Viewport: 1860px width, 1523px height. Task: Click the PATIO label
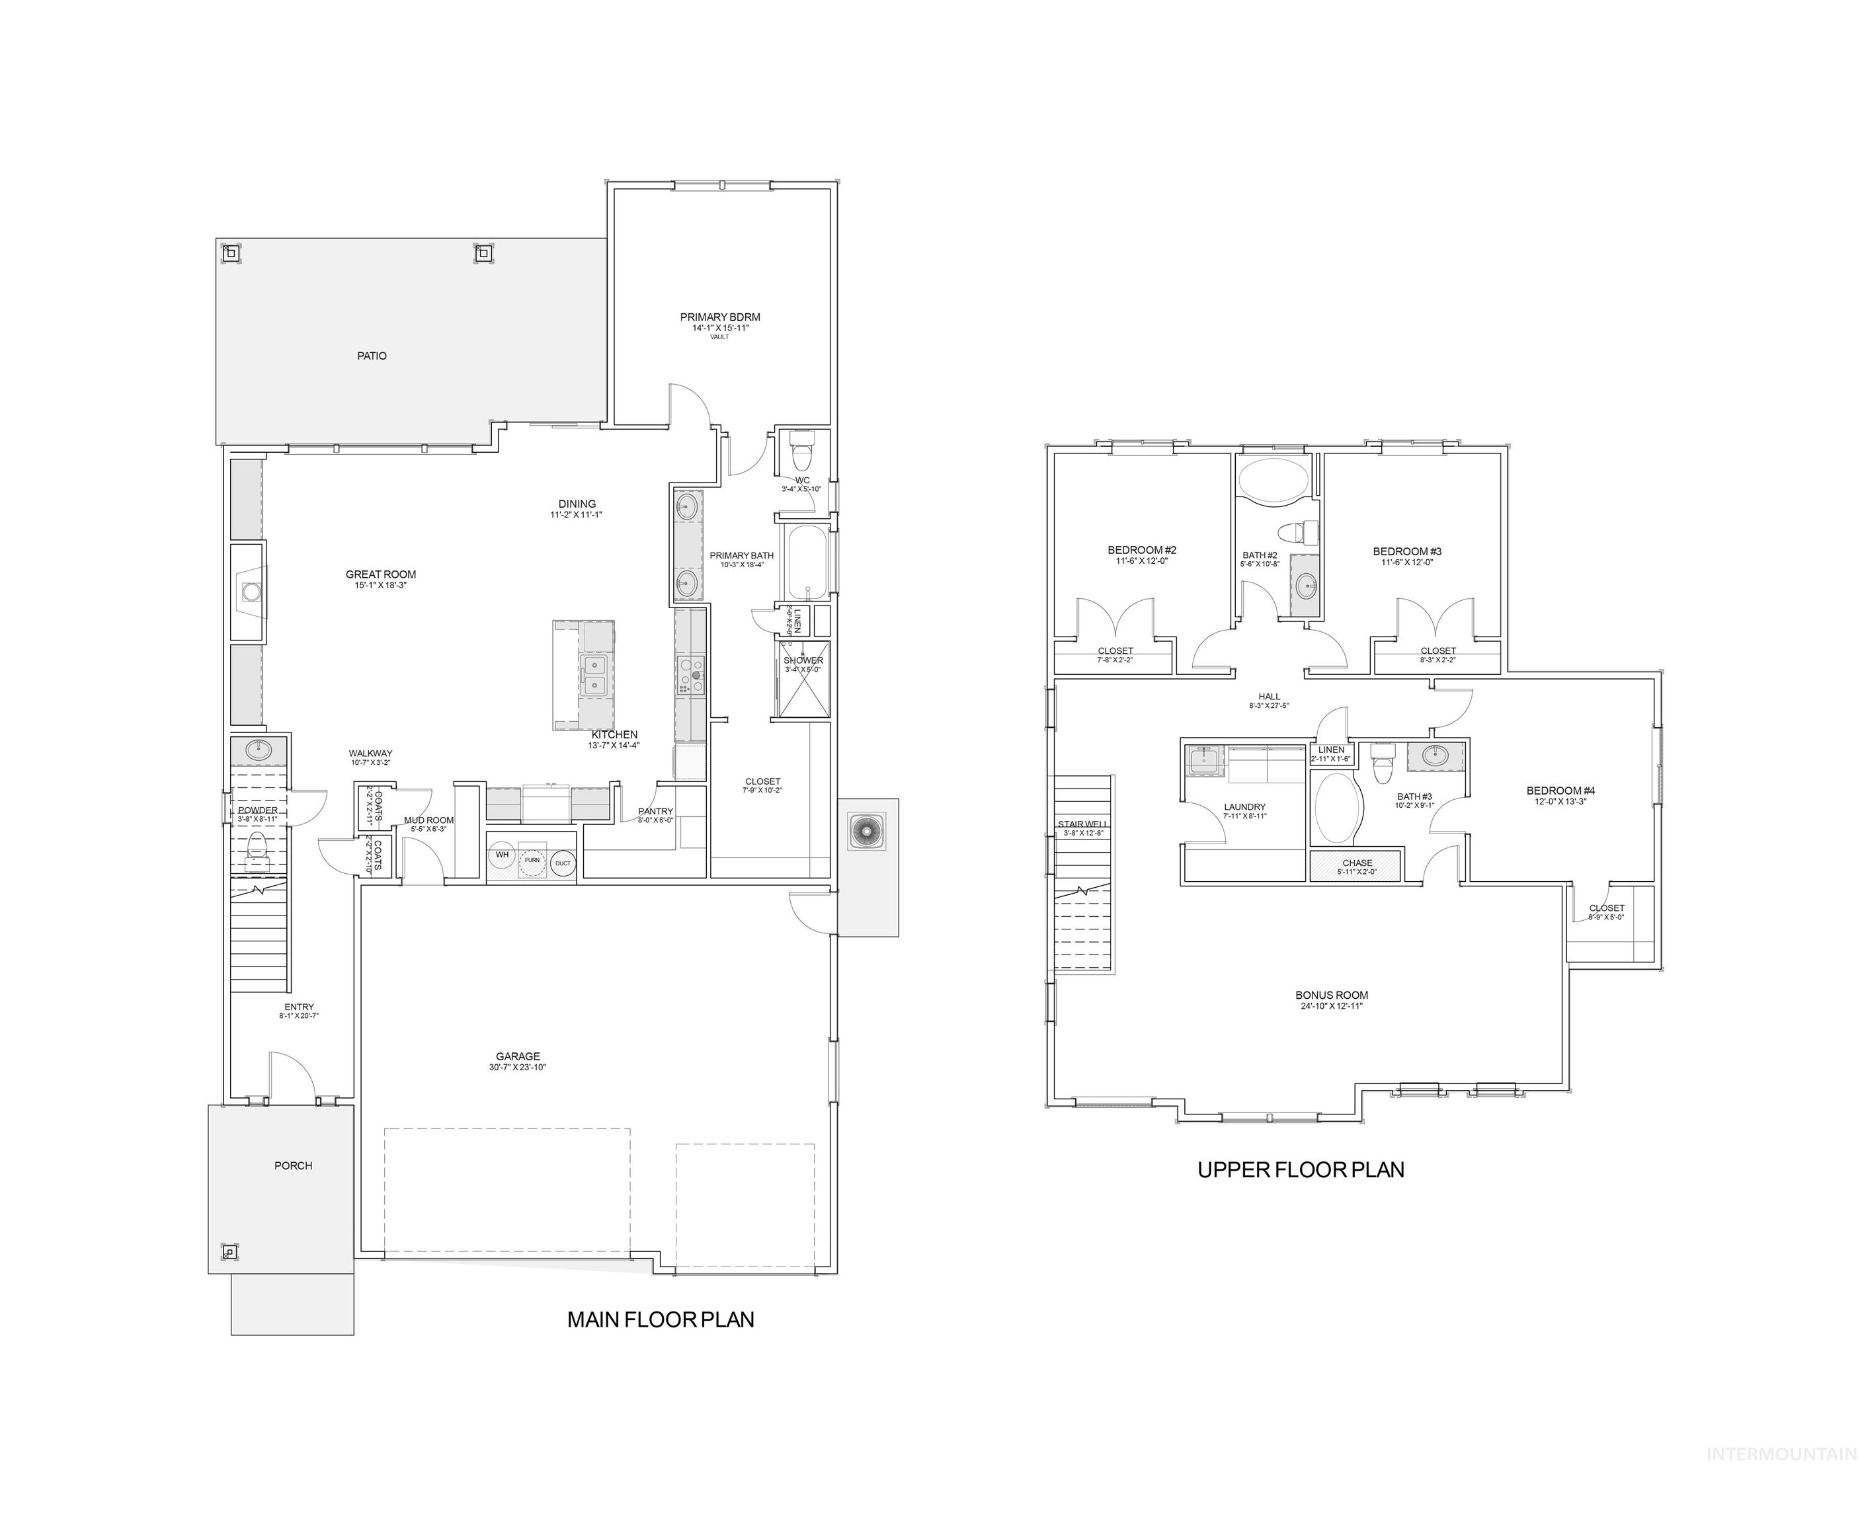click(x=371, y=356)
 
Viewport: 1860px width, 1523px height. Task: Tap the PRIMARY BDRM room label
click(x=719, y=317)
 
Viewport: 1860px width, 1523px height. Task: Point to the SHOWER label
click(x=803, y=660)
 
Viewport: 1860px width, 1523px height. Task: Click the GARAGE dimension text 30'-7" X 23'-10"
click(x=518, y=1068)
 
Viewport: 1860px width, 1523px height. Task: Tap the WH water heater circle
click(x=502, y=855)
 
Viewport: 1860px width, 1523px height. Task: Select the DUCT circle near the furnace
click(x=563, y=863)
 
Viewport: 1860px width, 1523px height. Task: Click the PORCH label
click(x=293, y=1165)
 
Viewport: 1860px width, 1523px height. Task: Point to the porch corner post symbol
click(x=228, y=1251)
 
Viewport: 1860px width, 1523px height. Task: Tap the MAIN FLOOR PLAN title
click(x=660, y=1319)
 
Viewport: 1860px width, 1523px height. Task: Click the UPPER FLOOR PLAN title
click(x=1300, y=1169)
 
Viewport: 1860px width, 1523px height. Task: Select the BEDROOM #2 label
click(x=1141, y=550)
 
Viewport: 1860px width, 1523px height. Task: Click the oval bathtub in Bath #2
click(x=1272, y=480)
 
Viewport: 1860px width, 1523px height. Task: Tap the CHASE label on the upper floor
click(x=1356, y=863)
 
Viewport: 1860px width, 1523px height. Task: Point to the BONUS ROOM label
click(x=1331, y=995)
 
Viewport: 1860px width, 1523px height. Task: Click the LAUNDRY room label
click(x=1244, y=806)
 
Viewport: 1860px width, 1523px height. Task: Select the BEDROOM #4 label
click(x=1560, y=791)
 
